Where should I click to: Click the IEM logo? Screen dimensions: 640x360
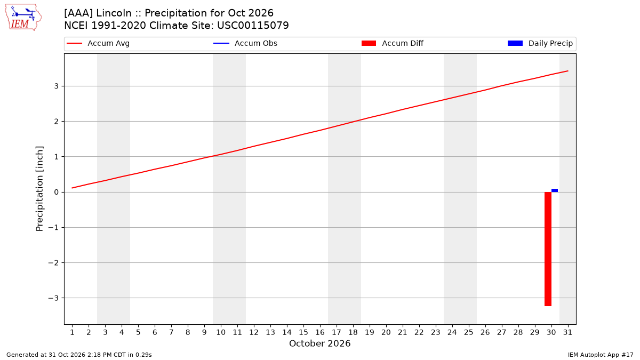pos(23,17)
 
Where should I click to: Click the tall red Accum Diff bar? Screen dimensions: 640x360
pos(548,249)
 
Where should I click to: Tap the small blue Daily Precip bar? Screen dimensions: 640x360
pos(555,190)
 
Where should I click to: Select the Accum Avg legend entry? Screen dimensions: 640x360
pos(98,43)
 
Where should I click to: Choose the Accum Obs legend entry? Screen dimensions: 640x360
pos(245,43)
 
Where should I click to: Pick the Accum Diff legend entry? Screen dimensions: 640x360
pos(393,43)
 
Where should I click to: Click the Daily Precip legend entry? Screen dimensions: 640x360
pos(540,43)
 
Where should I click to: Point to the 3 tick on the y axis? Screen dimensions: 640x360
pos(57,86)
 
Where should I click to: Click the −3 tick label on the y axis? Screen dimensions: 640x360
pos(53,298)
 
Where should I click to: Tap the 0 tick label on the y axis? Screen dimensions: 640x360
pos(57,192)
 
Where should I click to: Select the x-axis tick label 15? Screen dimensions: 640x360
pos(303,332)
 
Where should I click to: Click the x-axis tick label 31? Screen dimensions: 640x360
pos(567,332)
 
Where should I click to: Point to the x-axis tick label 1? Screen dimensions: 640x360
pos(72,332)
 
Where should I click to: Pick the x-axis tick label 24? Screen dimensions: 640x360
pos(452,332)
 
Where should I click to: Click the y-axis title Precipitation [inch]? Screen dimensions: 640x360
pos(39,189)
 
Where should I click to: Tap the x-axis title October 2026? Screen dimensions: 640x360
pos(319,343)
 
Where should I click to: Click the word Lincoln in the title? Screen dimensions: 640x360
pos(114,13)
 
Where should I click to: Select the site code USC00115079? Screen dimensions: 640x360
pos(253,26)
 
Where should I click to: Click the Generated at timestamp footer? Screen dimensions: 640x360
pos(79,355)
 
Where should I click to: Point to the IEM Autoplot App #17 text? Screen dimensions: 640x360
pos(601,355)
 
